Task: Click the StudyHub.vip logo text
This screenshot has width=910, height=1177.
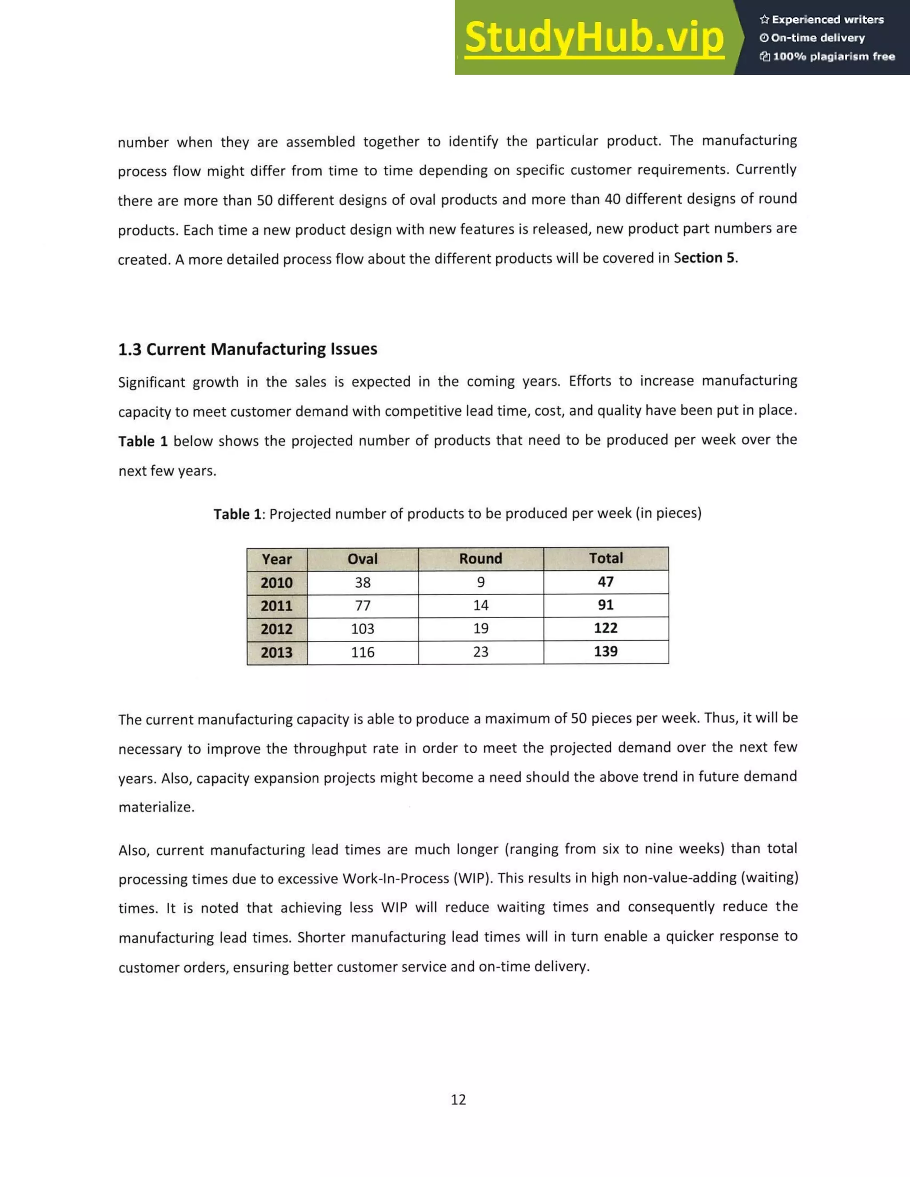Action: tap(594, 38)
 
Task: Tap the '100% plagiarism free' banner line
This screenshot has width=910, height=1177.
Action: tap(827, 56)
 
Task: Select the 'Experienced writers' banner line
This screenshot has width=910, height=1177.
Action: tap(822, 20)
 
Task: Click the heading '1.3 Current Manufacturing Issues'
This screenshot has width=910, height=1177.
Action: tap(247, 349)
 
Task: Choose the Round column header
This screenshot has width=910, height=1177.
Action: tap(480, 558)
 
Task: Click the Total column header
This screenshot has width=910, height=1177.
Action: tap(606, 558)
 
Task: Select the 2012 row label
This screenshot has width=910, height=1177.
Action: tap(276, 629)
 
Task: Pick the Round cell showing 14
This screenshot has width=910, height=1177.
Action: tap(480, 605)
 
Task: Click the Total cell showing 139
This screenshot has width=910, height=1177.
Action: tap(606, 652)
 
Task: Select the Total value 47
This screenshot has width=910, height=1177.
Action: tap(606, 582)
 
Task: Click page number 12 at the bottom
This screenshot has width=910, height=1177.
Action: tap(458, 1099)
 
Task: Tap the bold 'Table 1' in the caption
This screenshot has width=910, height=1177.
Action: tap(238, 514)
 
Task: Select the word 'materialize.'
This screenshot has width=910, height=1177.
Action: tap(156, 807)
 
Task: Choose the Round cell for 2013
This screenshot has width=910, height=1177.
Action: tap(480, 652)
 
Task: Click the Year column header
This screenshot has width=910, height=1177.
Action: tap(276, 559)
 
